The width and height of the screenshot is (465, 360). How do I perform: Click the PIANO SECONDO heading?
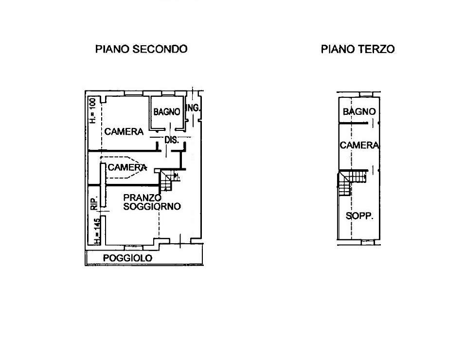(141, 49)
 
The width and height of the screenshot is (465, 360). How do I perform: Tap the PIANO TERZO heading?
(358, 49)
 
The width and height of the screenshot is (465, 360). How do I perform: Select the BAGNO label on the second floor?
(167, 112)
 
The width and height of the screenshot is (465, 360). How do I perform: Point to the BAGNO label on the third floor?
(359, 111)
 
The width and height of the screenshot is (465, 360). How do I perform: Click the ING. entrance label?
(193, 108)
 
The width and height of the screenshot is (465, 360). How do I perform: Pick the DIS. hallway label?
(172, 140)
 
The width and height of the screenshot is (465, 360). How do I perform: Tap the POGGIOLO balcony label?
(127, 258)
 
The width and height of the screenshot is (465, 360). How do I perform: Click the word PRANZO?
(143, 198)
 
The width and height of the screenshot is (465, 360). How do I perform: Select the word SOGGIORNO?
(152, 206)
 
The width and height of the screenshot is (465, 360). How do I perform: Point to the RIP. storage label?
(94, 203)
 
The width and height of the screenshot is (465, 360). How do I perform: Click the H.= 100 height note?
(93, 111)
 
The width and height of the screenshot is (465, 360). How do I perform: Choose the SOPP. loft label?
(359, 216)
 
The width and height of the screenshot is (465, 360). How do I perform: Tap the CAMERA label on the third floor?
(359, 145)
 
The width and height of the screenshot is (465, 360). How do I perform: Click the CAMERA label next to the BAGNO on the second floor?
(124, 131)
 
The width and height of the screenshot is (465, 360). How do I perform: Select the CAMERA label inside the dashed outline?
(127, 167)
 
